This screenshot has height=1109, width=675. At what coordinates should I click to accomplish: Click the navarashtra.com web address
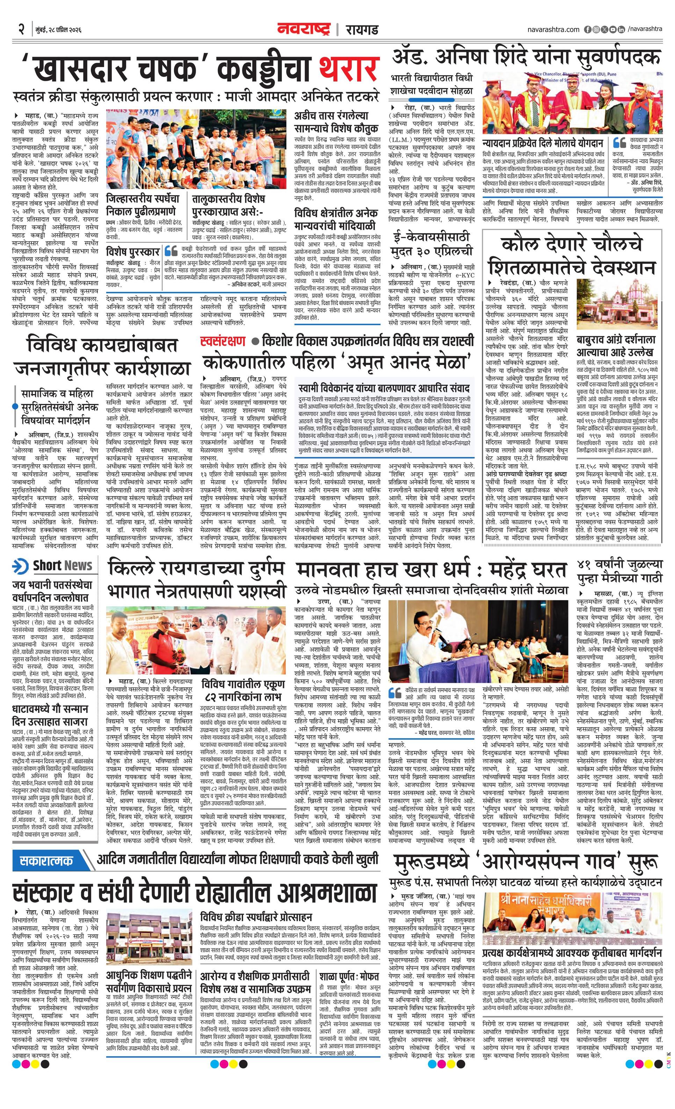click(553, 29)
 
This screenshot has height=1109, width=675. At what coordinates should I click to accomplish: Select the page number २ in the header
click(21, 30)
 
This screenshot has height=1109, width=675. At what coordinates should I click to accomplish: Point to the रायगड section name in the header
click(362, 30)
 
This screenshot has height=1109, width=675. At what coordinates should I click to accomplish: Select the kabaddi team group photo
click(196, 149)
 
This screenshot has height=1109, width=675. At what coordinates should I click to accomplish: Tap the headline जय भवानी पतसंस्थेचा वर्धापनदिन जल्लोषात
click(52, 592)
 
